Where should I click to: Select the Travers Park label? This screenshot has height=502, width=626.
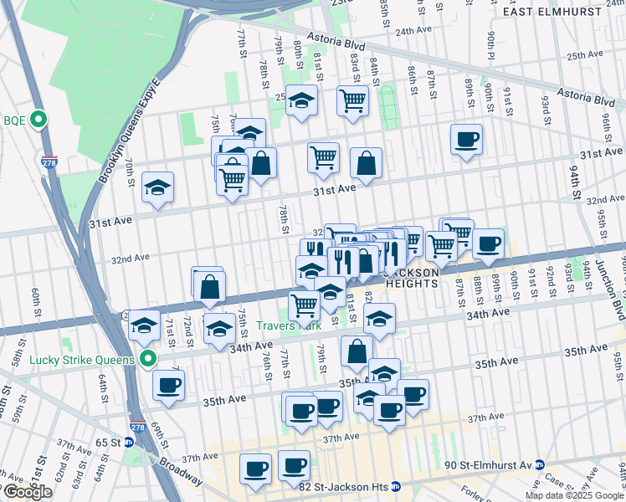coord(282,325)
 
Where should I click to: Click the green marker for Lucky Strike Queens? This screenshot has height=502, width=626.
coord(149,360)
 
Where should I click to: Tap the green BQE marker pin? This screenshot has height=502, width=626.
coord(38,120)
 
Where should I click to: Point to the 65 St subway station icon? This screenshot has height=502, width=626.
coord(128,442)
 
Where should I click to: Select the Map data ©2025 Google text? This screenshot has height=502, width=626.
coord(574,495)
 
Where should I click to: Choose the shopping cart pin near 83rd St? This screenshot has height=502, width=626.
coord(353,100)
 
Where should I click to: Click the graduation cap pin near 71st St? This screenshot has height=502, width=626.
coord(145,324)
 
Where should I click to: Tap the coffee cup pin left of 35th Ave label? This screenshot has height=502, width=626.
coord(168,385)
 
